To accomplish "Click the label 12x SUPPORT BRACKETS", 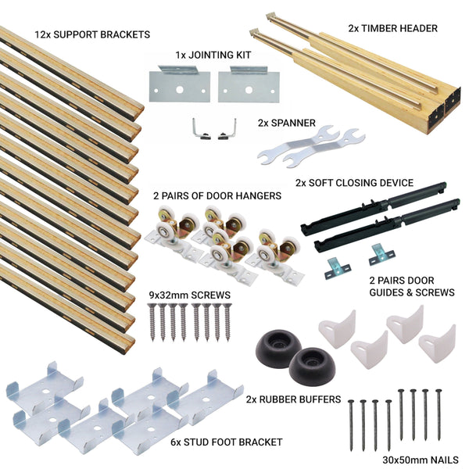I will click(92, 35).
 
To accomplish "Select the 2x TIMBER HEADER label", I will click(392, 28).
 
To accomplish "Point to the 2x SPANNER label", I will click(287, 123).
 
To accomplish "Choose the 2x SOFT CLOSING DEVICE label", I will click(354, 183).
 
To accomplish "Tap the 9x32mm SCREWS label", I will click(188, 295).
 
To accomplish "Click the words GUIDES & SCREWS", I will click(412, 292).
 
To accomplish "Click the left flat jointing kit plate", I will click(177, 83).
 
